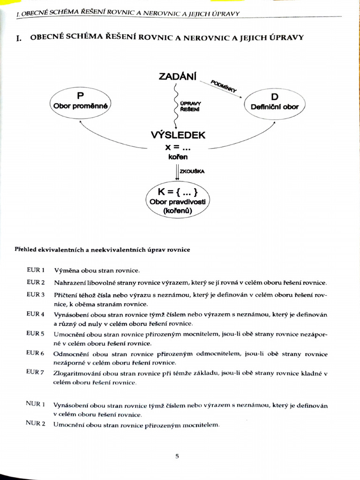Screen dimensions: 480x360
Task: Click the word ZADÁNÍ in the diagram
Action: tap(178, 76)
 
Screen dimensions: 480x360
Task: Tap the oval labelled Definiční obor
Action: tap(274, 103)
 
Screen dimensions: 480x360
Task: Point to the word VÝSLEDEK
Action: tap(178, 135)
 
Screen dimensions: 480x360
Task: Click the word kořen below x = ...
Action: tap(177, 157)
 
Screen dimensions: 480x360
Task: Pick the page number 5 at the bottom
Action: tap(177, 456)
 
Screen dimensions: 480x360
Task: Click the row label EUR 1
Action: tap(36, 270)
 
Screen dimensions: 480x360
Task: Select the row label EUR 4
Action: tap(36, 314)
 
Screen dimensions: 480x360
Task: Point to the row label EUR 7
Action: tap(36, 372)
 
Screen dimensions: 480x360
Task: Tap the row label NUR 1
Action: tap(36, 404)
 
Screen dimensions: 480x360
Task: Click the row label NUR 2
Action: tap(36, 423)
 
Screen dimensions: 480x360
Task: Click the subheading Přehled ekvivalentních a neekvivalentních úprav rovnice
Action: tap(102, 250)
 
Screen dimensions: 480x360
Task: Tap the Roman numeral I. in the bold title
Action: tap(19, 38)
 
